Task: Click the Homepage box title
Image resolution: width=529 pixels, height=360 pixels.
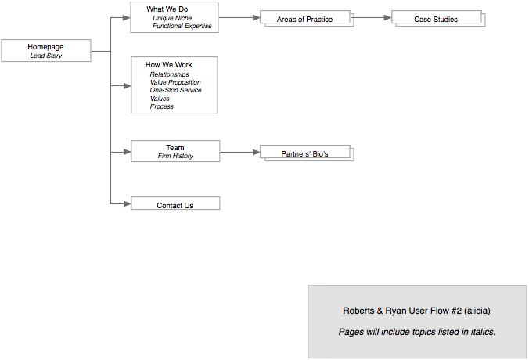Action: [x=45, y=48]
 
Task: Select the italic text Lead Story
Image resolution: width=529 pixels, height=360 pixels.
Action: [x=45, y=56]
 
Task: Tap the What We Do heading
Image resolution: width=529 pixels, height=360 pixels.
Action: [x=167, y=9]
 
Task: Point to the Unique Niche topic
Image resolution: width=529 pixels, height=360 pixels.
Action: [x=172, y=18]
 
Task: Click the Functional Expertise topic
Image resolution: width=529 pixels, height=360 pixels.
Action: [x=182, y=26]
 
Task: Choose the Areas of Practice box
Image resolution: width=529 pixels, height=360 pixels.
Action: [x=304, y=19]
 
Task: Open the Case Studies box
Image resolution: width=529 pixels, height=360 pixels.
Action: [x=436, y=19]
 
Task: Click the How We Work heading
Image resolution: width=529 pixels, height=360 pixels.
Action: [x=169, y=64]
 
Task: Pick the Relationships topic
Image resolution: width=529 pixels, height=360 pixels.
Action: [x=169, y=74]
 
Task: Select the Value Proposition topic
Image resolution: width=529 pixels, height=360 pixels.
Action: [x=175, y=82]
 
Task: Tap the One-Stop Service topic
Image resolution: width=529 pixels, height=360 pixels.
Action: [x=175, y=90]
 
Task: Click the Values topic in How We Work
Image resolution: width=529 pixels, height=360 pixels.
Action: [x=160, y=99]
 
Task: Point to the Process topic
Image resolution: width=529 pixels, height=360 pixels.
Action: [x=162, y=106]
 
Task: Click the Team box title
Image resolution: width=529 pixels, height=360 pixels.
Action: [x=175, y=147]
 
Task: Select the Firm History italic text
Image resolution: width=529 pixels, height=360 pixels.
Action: [x=175, y=156]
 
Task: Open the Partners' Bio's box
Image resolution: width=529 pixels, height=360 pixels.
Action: [x=304, y=154]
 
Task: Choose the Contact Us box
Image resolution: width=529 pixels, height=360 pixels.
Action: [x=175, y=205]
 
